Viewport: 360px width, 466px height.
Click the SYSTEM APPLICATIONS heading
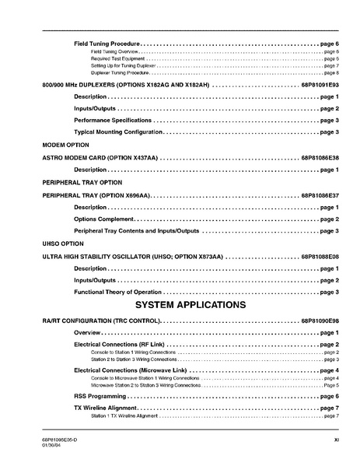pos(191,304)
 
